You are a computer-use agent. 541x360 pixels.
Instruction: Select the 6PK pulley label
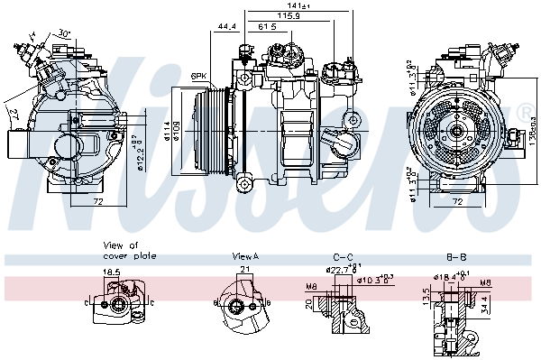pyautogui.click(x=199, y=76)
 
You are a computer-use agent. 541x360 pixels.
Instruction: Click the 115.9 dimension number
pyautogui.click(x=288, y=16)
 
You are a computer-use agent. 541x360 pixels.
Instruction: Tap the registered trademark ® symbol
pyautogui.click(x=525, y=112)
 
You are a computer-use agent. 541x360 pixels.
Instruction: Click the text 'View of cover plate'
pyautogui.click(x=130, y=250)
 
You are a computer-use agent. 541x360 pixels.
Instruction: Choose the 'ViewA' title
pyautogui.click(x=245, y=256)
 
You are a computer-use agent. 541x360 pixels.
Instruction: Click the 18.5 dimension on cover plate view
pyautogui.click(x=111, y=271)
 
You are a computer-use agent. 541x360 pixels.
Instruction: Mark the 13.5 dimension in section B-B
pyautogui.click(x=425, y=297)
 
